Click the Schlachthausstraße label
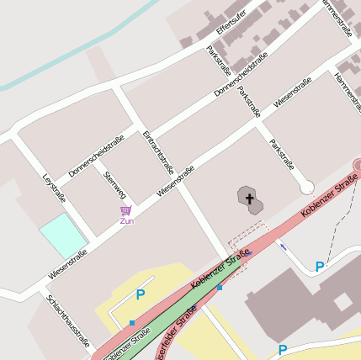[x=67, y=321]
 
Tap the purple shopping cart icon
[x=125, y=209]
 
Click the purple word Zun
[x=126, y=221]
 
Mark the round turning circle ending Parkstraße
[x=306, y=187]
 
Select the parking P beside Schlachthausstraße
[x=141, y=295]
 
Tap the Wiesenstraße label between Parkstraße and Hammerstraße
[x=292, y=92]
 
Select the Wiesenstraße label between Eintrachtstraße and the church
[x=175, y=182]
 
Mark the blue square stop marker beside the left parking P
[x=132, y=322]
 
